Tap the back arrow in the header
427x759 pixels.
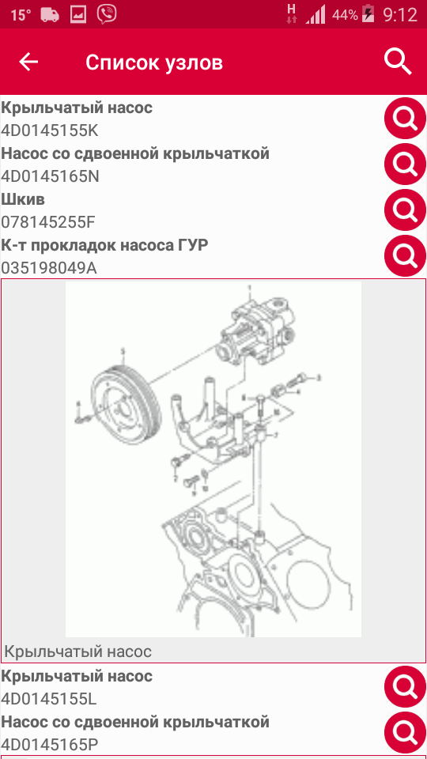point(28,62)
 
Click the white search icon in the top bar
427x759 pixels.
point(398,62)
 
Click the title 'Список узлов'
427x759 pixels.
point(154,63)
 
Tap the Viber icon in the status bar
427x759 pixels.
point(106,14)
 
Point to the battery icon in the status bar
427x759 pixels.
point(368,14)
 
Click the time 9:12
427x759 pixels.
point(400,15)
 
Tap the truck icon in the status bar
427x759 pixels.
point(50,15)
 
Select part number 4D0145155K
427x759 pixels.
point(50,130)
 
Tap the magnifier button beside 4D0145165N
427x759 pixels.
point(405,164)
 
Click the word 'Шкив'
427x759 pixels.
point(23,200)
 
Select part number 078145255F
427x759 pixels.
point(48,222)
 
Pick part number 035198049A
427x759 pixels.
point(49,268)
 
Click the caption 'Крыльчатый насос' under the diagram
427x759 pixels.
point(78,651)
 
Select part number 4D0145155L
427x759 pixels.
point(49,699)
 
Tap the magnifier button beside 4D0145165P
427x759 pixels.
point(405,733)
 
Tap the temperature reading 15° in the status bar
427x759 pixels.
point(21,15)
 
